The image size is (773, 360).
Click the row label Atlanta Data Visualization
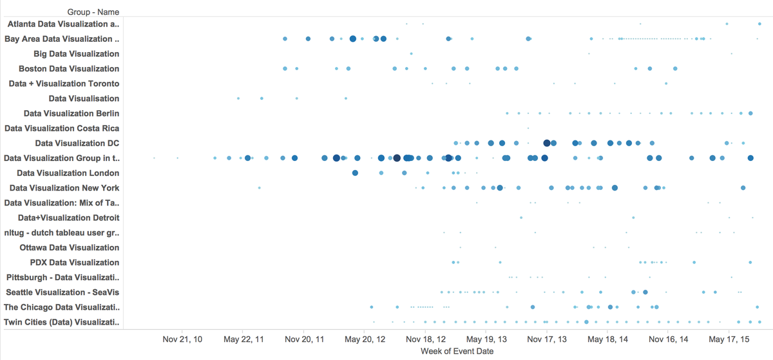click(x=63, y=24)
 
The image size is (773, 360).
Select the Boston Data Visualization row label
click(x=69, y=69)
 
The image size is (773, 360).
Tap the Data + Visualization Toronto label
click(x=64, y=84)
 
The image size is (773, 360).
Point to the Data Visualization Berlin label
click(x=71, y=113)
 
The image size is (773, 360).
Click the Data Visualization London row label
click(x=68, y=173)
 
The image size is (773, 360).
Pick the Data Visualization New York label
click(x=64, y=188)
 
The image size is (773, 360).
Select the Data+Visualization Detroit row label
click(x=68, y=218)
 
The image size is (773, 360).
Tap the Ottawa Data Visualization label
click(x=70, y=247)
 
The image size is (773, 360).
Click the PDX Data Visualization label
click(x=75, y=262)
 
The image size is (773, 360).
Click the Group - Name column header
click(x=93, y=12)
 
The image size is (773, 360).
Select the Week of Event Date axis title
click(x=457, y=351)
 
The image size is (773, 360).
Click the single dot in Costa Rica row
click(x=528, y=128)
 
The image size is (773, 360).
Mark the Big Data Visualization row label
click(x=76, y=54)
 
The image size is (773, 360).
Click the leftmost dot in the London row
click(x=355, y=173)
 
